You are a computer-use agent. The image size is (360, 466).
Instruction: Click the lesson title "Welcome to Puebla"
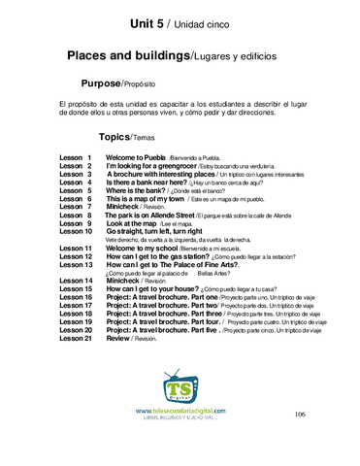tap(135, 157)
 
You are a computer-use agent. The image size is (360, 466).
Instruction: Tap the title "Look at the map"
tap(137, 223)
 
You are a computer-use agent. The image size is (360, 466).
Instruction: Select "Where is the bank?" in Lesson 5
tap(139, 189)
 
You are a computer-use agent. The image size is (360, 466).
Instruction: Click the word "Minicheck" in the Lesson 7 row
tap(128, 207)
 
